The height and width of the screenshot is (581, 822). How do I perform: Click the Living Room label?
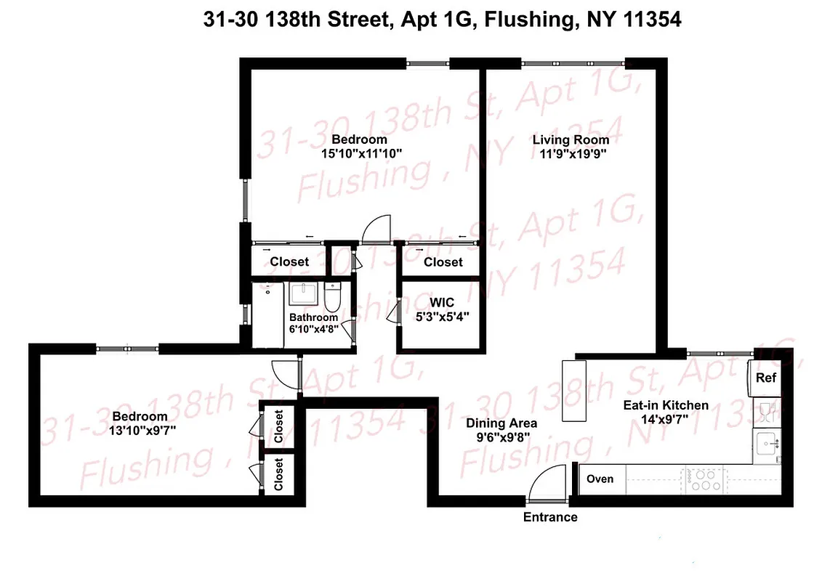click(571, 139)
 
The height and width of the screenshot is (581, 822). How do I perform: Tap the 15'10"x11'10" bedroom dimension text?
click(362, 153)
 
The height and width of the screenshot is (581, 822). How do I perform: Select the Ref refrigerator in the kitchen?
click(765, 378)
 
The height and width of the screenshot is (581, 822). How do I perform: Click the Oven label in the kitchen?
click(600, 479)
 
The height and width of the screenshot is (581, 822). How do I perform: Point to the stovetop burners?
click(704, 479)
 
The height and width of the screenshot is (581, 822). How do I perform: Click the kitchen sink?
click(765, 443)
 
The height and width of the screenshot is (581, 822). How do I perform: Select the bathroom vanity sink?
click(303, 295)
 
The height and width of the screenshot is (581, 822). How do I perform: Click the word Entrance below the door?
click(550, 517)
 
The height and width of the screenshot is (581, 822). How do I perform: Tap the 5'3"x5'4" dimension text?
click(442, 317)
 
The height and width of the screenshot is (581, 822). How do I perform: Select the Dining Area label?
click(501, 423)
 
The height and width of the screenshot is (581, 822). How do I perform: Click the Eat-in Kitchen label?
click(665, 405)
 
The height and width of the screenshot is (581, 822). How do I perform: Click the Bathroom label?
click(313, 317)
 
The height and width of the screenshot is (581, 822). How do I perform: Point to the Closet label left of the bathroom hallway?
click(289, 261)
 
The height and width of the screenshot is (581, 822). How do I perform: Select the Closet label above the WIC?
click(443, 261)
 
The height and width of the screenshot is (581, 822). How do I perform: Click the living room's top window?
click(573, 64)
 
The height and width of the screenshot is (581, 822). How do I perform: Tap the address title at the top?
click(442, 20)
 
